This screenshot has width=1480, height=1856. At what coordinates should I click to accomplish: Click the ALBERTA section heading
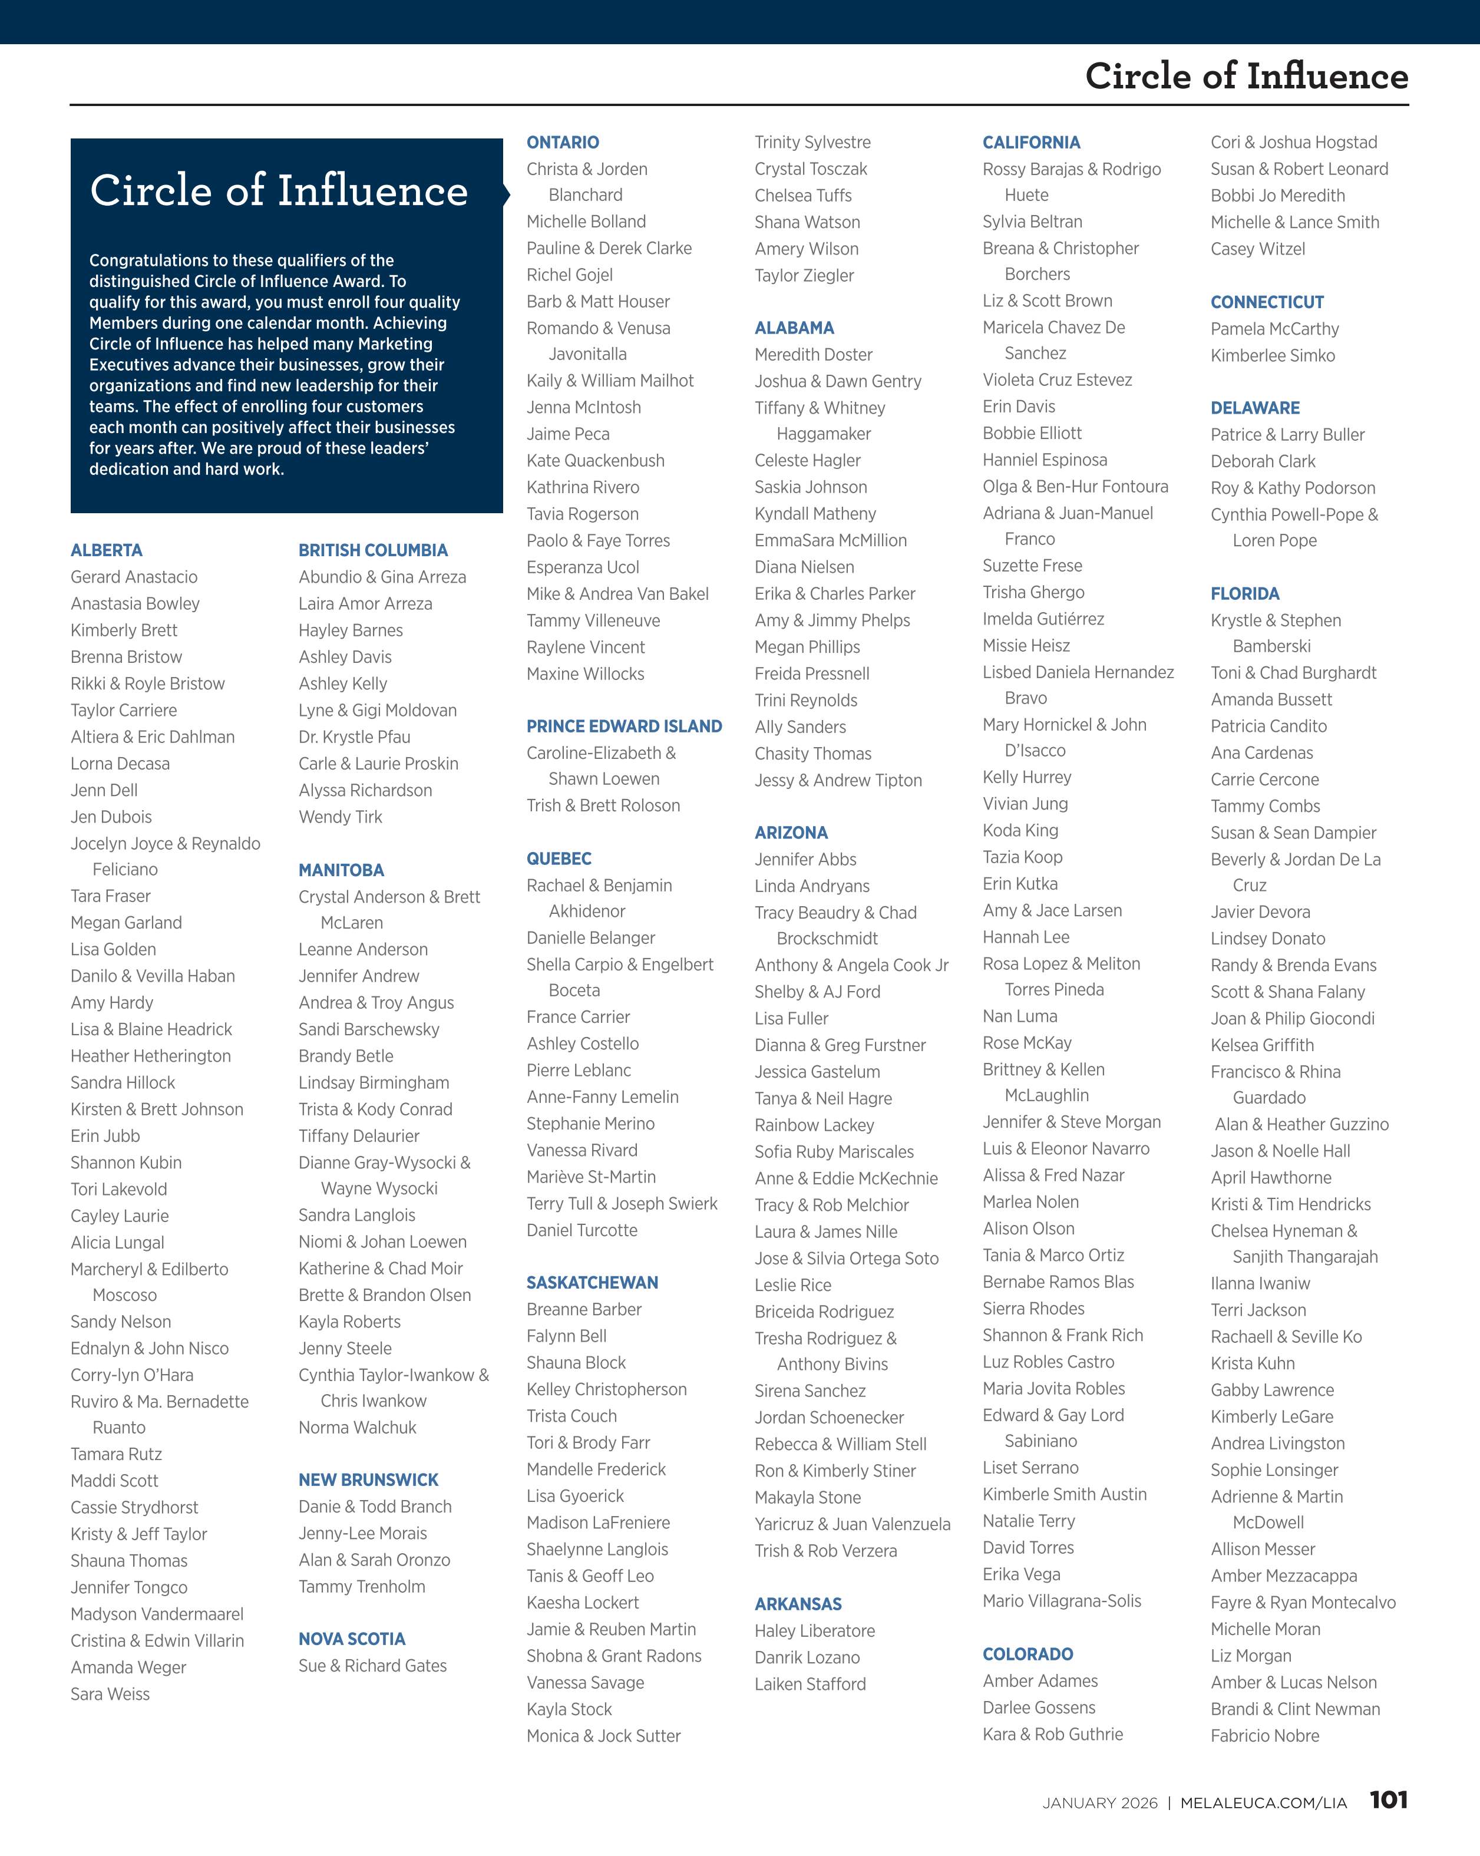[107, 550]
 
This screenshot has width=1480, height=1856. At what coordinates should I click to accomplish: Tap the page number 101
[1388, 1799]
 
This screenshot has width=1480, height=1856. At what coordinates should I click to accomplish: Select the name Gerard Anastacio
[134, 577]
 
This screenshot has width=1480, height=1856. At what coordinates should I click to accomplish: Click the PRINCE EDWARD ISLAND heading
[624, 726]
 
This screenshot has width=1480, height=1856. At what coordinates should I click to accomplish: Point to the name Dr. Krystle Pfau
[354, 737]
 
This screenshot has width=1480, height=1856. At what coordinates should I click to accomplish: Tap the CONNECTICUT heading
[1267, 302]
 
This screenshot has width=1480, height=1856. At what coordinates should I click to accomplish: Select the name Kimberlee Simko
[1273, 355]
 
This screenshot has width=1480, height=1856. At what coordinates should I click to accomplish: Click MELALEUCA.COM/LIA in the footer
[1263, 1802]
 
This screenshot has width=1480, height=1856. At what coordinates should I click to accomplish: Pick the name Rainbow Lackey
[814, 1125]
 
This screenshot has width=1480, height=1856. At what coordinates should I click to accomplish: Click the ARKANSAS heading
[798, 1604]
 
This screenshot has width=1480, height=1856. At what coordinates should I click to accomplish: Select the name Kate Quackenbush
[595, 461]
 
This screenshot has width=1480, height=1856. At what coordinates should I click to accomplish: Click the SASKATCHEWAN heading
[592, 1283]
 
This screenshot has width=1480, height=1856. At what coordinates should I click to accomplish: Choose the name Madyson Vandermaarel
[157, 1614]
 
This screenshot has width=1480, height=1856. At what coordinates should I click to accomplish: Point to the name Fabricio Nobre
[1265, 1735]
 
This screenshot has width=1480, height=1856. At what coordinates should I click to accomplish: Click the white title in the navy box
[279, 190]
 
